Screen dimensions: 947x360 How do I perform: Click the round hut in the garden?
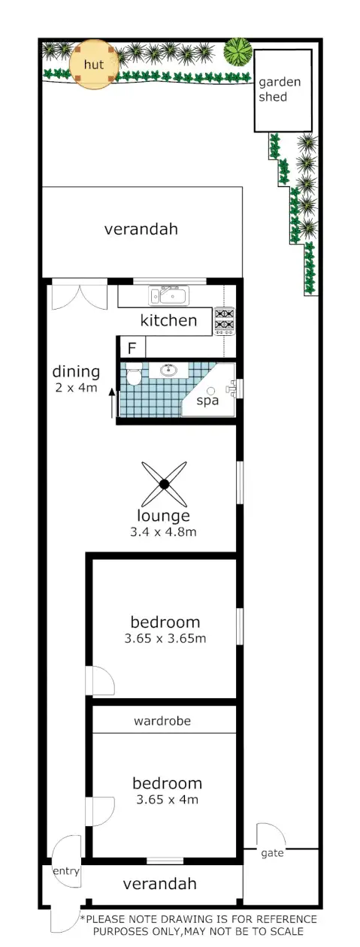coord(94,64)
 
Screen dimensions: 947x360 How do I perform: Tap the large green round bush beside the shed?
coord(238,52)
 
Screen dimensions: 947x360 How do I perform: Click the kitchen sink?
coord(166,295)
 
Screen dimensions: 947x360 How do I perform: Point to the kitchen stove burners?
coord(225,320)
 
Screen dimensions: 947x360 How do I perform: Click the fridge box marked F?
coord(132,348)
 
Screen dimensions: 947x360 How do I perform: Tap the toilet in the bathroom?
coord(134,376)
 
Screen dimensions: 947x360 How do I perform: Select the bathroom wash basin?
coord(168,370)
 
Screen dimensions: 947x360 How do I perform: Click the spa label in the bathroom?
coord(207,401)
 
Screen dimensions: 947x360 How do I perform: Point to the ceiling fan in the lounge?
coord(164,484)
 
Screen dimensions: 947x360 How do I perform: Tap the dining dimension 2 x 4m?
coord(75,388)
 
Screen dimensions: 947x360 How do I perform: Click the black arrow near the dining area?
coord(113,403)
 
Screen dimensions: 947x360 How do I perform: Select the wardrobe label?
coord(162,721)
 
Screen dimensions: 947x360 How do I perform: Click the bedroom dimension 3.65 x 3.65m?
coord(165,639)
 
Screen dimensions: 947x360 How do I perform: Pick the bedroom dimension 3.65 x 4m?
coord(167,800)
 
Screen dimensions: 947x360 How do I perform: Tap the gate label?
coord(272,854)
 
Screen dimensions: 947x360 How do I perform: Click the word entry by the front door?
coord(66,871)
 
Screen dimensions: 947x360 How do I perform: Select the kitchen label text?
coord(169,321)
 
